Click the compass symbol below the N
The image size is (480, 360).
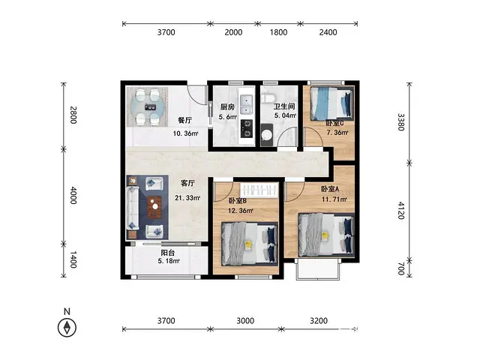67,328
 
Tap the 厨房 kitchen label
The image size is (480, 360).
227,107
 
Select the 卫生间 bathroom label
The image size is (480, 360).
284,106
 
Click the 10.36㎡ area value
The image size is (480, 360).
185,133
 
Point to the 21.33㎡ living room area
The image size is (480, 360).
187,198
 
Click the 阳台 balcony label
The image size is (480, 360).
168,253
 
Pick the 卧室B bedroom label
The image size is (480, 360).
238,201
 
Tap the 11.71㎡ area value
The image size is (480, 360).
334,199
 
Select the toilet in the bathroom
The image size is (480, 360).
268,98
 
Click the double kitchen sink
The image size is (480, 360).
247,105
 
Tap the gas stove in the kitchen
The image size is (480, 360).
247,128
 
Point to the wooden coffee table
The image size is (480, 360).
155,207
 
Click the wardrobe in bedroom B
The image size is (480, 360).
259,190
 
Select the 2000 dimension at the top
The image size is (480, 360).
233,32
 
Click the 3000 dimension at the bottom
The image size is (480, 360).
245,321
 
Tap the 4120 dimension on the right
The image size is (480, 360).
401,210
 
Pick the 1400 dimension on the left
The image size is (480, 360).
73,259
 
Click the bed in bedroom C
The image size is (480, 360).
331,103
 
